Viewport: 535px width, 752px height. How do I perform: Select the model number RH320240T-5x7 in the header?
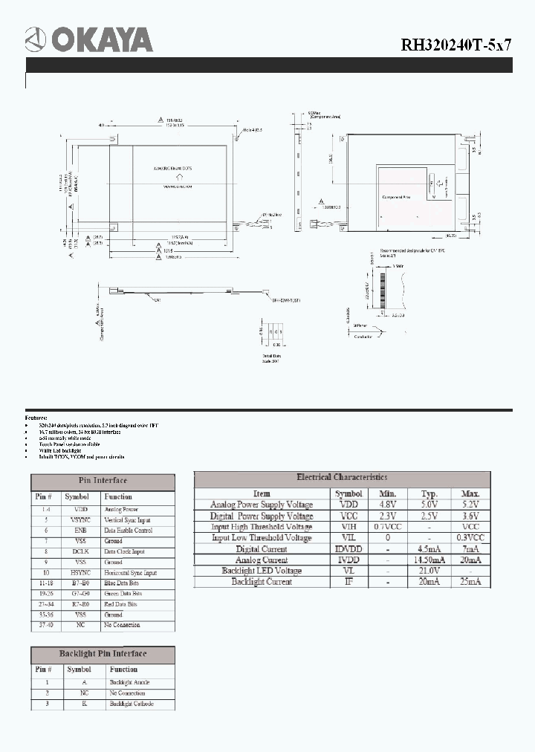[x=456, y=43]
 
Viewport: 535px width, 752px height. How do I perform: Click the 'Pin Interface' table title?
[x=103, y=481]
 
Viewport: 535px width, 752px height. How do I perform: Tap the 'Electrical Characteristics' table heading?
[x=342, y=477]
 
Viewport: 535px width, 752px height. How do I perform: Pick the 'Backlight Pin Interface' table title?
[x=103, y=654]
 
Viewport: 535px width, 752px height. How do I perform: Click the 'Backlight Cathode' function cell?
[x=132, y=704]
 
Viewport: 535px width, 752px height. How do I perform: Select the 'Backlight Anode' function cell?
[x=130, y=682]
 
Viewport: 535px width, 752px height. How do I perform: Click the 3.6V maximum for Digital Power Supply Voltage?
[x=470, y=516]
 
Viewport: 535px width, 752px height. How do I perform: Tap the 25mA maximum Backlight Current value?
[x=470, y=582]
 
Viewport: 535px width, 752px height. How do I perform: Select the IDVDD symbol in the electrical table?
[x=348, y=549]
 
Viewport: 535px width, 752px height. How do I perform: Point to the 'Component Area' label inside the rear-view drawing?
[x=395, y=198]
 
